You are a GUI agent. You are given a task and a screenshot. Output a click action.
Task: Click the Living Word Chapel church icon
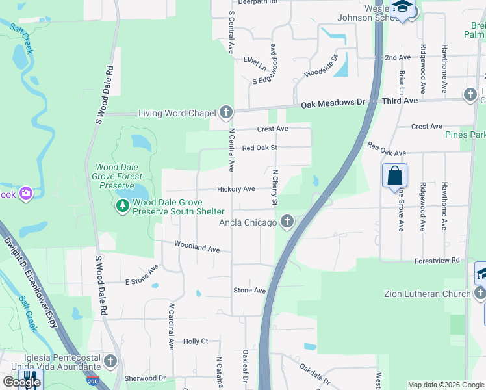coord(225,113)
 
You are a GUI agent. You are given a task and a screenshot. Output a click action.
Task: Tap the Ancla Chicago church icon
coord(285,223)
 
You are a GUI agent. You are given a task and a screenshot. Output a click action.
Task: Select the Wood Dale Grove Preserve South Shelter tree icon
coord(122,206)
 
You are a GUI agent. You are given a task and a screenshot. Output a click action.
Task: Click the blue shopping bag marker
coord(394,175)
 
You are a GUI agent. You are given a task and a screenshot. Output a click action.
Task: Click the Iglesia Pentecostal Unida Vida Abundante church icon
coord(110,361)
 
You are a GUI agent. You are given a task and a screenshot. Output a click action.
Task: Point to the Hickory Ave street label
coord(236,189)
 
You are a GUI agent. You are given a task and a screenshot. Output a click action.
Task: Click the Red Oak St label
coord(260,148)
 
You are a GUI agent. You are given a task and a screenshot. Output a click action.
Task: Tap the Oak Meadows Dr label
coord(330,103)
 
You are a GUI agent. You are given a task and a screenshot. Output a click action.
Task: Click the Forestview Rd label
coord(437,260)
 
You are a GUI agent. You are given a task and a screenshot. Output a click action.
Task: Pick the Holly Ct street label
coord(196,341)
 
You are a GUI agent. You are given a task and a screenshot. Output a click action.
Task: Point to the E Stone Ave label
coord(142,275)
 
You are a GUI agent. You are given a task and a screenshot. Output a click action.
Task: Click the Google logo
coord(21,382)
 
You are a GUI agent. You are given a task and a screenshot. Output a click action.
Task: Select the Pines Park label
coord(465,135)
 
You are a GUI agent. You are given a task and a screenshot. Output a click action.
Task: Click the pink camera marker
coord(26,193)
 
